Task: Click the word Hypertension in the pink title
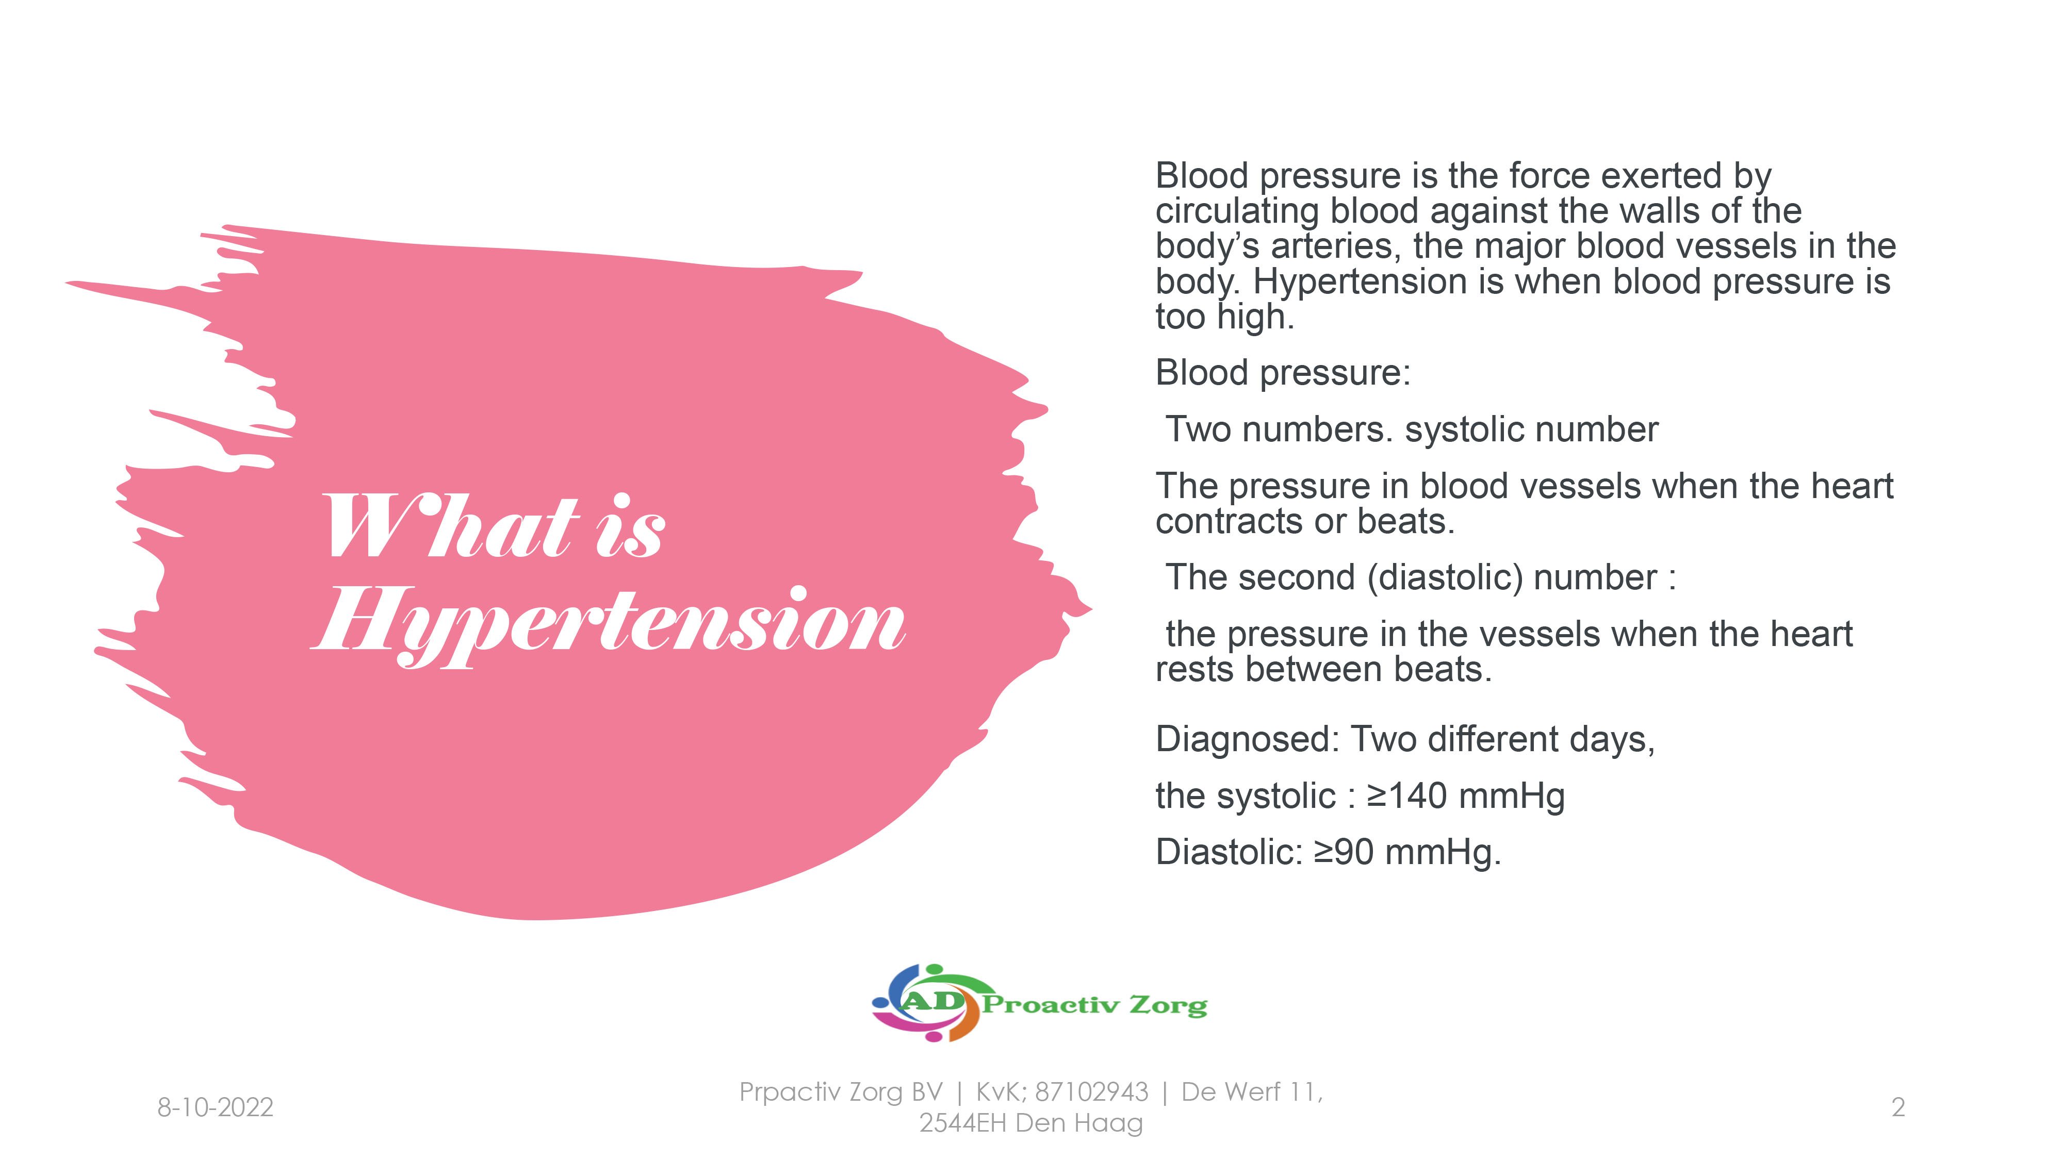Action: pyautogui.click(x=609, y=624)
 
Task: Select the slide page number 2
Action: pyautogui.click(x=1897, y=1107)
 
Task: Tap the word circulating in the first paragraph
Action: pyautogui.click(x=1237, y=212)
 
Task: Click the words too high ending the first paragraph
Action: pyautogui.click(x=1224, y=317)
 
